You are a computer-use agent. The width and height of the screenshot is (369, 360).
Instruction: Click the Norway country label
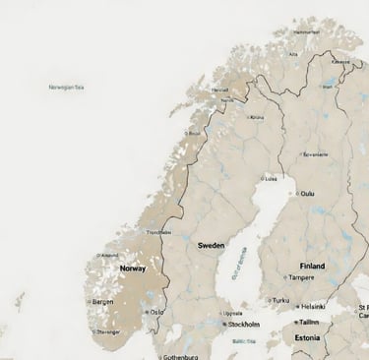pyautogui.click(x=132, y=268)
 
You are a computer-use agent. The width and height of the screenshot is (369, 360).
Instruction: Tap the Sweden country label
pyautogui.click(x=212, y=244)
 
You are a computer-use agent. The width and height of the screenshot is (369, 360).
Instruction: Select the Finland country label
pyautogui.click(x=312, y=266)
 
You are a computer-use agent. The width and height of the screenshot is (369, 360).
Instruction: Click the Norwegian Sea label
pyautogui.click(x=66, y=87)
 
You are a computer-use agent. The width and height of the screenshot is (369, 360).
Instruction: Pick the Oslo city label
pyautogui.click(x=156, y=312)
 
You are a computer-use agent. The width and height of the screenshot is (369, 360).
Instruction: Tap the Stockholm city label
pyautogui.click(x=243, y=324)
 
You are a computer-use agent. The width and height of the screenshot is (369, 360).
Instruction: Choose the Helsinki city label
pyautogui.click(x=313, y=307)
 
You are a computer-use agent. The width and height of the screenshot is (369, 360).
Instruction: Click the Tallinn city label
pyautogui.click(x=311, y=321)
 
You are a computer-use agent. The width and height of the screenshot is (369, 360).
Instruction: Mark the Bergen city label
pyautogui.click(x=102, y=302)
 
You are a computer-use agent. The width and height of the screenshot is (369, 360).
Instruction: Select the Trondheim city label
pyautogui.click(x=158, y=232)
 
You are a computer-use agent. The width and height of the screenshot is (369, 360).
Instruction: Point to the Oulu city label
pyautogui.click(x=308, y=193)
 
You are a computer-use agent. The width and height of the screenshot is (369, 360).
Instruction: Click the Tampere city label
pyautogui.click(x=314, y=277)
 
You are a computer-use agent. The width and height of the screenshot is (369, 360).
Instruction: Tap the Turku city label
pyautogui.click(x=282, y=301)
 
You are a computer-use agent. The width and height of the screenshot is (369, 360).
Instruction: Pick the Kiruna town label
pyautogui.click(x=258, y=117)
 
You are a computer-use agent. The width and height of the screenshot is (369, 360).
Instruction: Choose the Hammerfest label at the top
pyautogui.click(x=306, y=31)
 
